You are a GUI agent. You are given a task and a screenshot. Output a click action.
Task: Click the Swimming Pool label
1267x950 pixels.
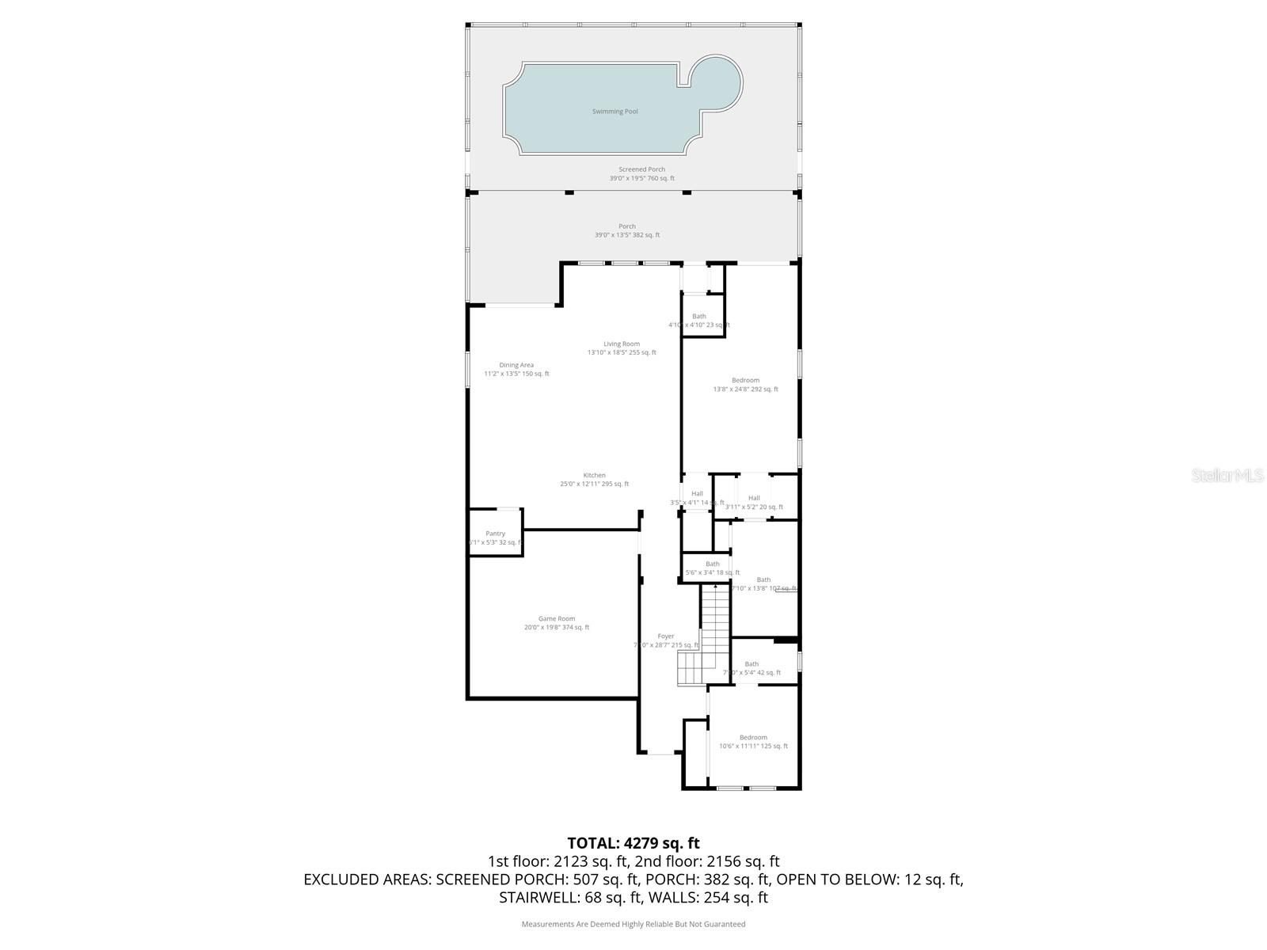point(614,112)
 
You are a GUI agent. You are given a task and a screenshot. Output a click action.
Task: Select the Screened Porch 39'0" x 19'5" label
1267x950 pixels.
point(641,173)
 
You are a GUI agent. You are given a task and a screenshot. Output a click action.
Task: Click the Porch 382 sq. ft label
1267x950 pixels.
point(627,230)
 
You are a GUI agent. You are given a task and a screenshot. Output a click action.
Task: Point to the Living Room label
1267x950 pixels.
point(622,348)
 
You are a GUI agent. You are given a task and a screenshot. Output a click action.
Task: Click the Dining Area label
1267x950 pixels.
point(516,369)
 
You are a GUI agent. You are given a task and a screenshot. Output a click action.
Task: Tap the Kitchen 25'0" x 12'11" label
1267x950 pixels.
point(594,480)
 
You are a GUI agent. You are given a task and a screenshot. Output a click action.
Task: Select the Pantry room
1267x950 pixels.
point(495,538)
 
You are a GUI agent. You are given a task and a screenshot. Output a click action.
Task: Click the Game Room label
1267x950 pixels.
point(557,623)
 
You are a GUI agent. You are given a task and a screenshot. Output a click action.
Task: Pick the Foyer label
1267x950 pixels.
point(666,640)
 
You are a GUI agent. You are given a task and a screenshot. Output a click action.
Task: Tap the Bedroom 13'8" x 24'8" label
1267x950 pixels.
point(745,385)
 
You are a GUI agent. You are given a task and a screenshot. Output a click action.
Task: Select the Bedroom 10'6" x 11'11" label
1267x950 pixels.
point(753,741)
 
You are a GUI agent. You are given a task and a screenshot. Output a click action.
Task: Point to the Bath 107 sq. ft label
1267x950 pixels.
point(763,584)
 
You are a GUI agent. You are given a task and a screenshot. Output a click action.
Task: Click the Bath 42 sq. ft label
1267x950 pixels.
point(751,668)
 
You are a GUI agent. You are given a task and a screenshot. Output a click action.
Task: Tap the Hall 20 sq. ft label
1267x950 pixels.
point(754,503)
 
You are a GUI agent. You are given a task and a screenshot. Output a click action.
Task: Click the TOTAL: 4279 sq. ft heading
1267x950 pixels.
point(633,843)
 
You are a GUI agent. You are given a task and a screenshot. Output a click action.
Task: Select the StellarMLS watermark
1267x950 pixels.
point(1228,475)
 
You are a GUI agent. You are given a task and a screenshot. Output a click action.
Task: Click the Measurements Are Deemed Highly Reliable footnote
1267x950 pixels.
point(633,924)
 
